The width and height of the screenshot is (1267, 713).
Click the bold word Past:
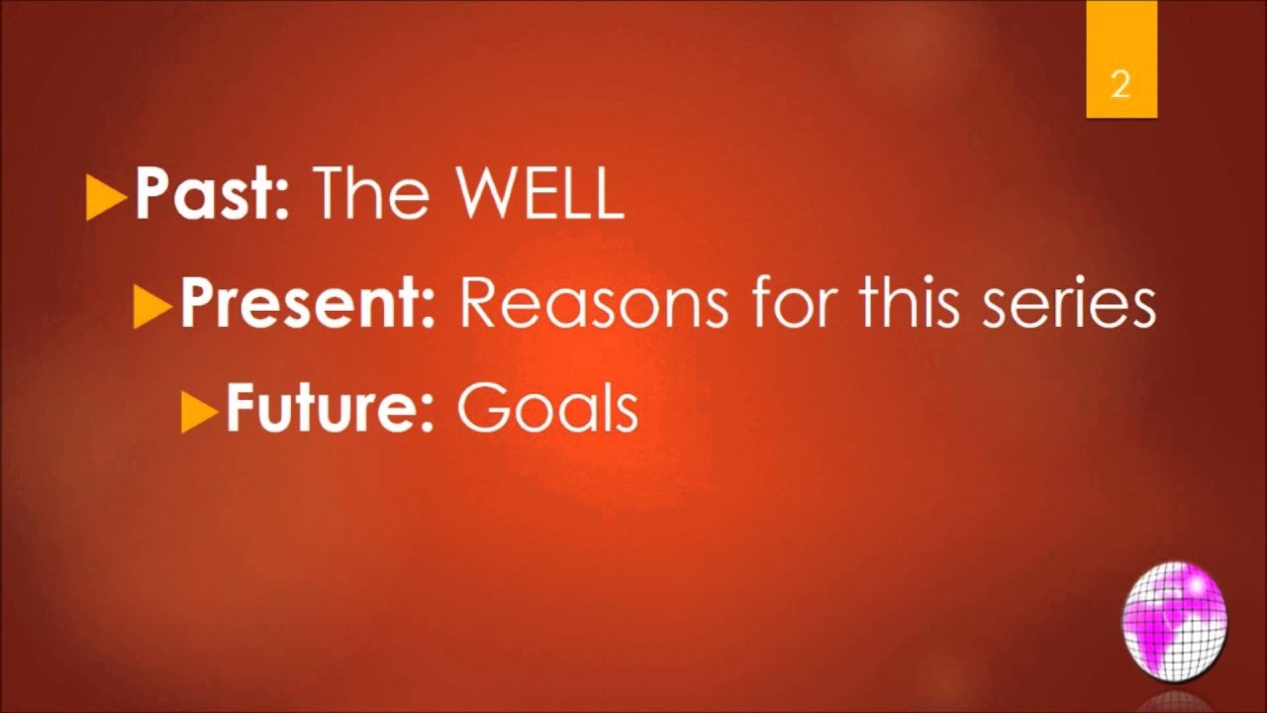tap(210, 195)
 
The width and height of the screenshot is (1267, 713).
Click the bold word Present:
tap(307, 304)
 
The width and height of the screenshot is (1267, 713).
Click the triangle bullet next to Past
tap(106, 198)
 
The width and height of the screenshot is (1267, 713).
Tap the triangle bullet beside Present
tap(151, 307)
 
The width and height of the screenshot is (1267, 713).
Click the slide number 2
tap(1121, 85)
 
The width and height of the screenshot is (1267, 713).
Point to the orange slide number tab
tap(1121, 59)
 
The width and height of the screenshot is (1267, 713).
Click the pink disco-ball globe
tap(1174, 622)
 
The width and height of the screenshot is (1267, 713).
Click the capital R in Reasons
tap(479, 304)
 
